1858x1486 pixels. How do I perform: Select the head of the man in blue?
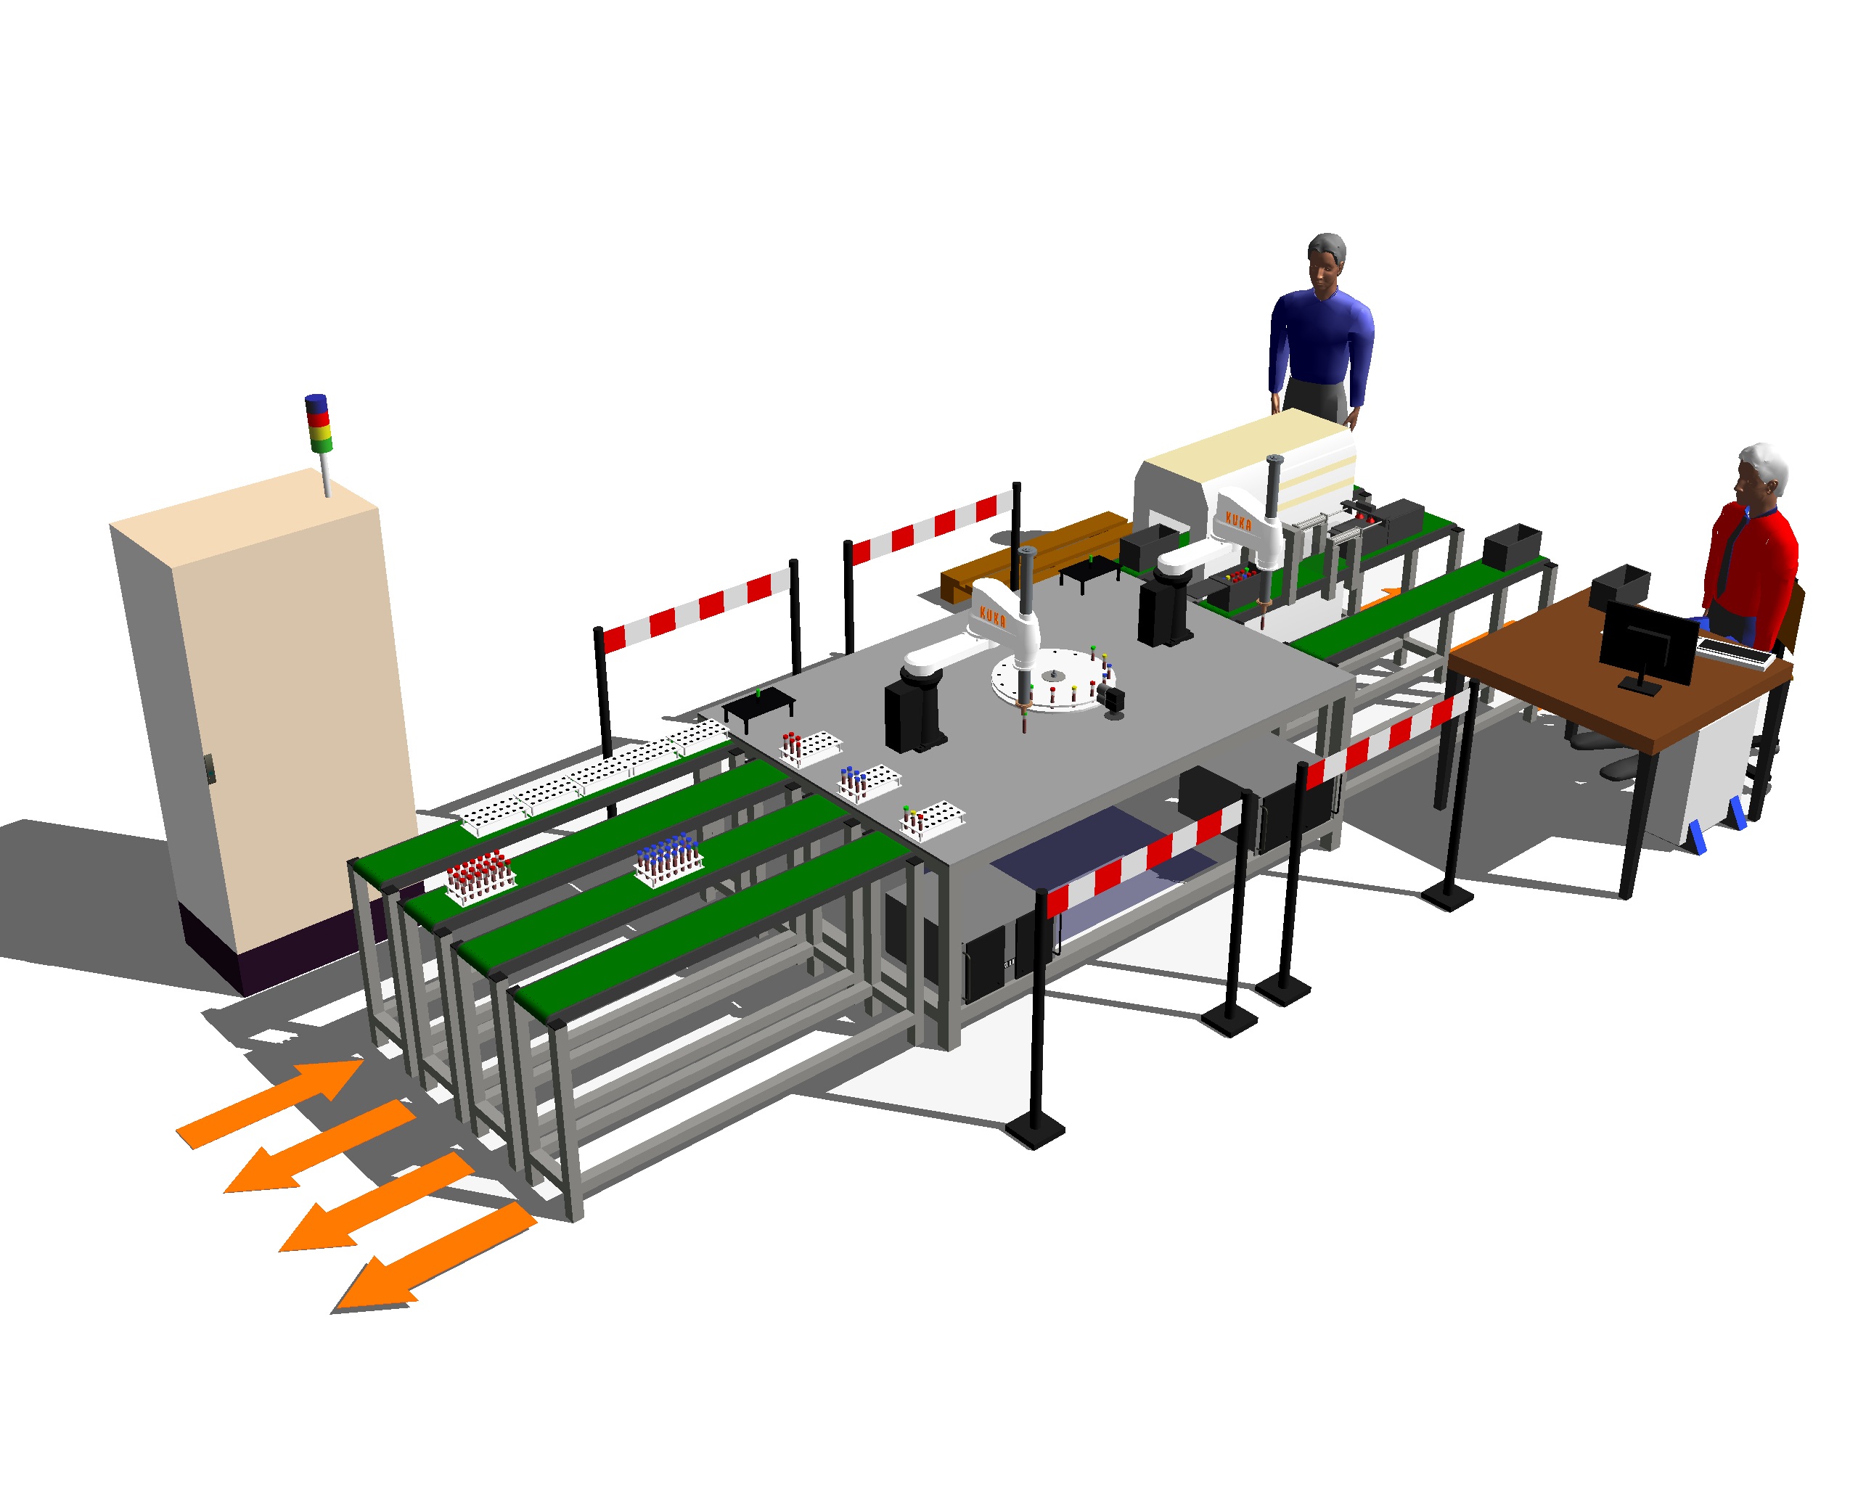tap(1326, 261)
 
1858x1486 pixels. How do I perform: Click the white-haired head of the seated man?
tap(1760, 475)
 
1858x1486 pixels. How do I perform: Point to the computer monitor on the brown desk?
tap(1648, 644)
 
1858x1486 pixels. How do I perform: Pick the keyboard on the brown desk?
tap(1735, 652)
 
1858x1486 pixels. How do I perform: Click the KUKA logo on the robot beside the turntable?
tap(993, 616)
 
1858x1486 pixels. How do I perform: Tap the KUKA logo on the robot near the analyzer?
tap(1238, 521)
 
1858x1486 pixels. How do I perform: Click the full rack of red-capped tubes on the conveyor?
tap(480, 875)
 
